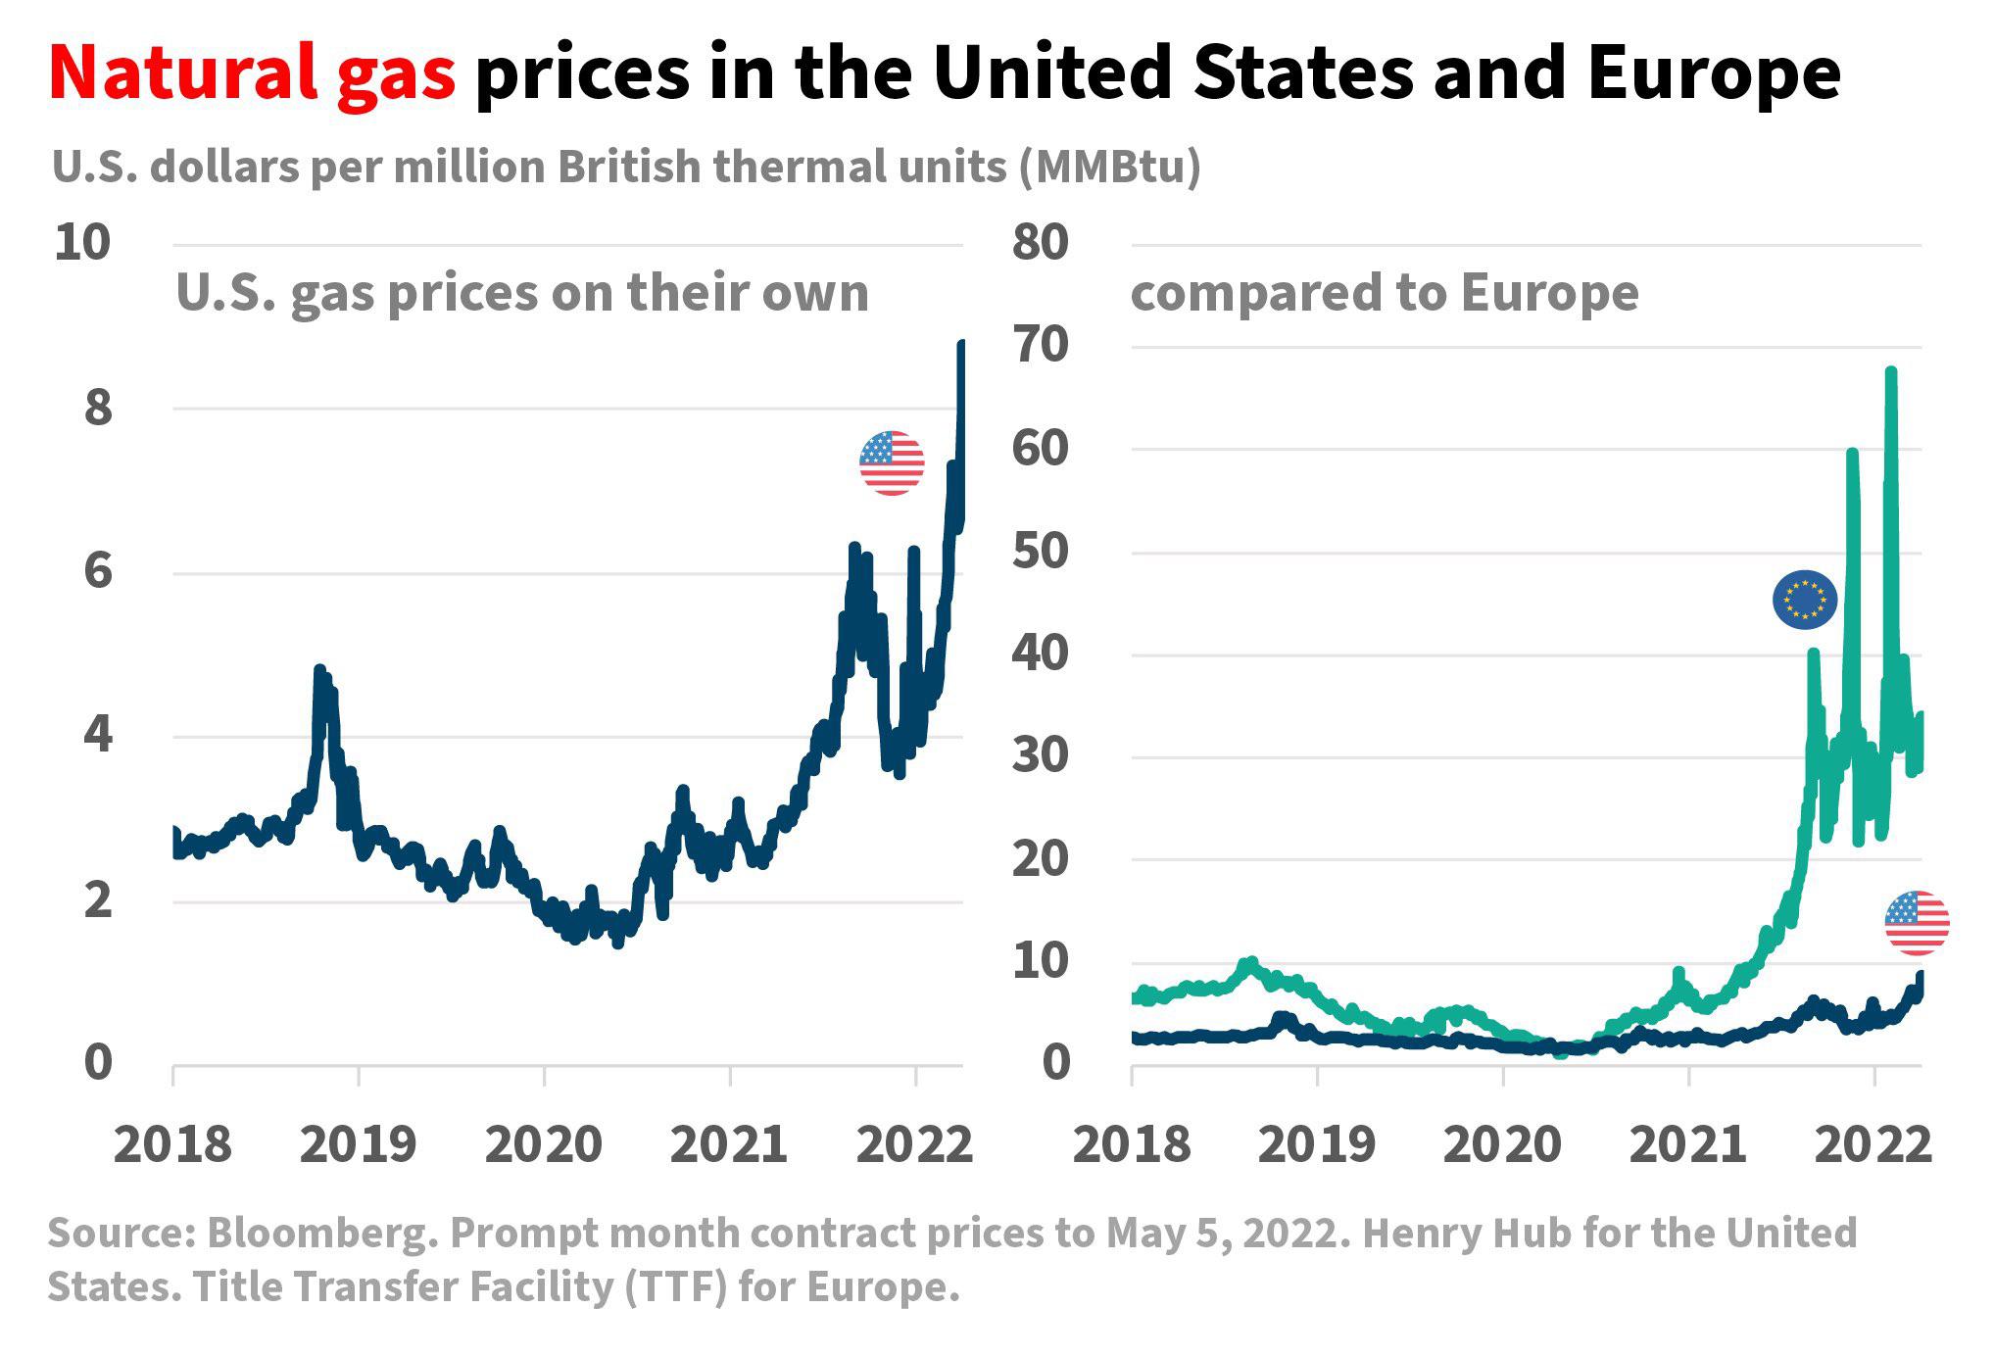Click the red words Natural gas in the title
(x=252, y=74)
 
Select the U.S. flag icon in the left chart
(x=892, y=462)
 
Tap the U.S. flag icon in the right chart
(x=1917, y=923)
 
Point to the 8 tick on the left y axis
(x=98, y=408)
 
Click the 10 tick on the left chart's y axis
(x=82, y=243)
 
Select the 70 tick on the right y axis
(x=1041, y=346)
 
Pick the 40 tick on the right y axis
(x=1041, y=654)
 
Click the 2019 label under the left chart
(x=359, y=1144)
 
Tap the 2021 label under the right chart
(x=1688, y=1144)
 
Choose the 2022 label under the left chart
(x=914, y=1144)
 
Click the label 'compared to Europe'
(x=1384, y=292)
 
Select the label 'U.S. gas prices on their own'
(x=522, y=292)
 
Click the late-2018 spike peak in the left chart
(x=319, y=670)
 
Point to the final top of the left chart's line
(x=961, y=344)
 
